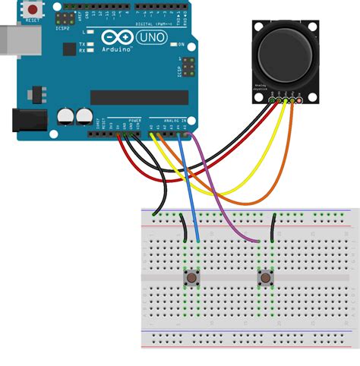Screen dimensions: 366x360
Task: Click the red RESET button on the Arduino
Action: (x=33, y=9)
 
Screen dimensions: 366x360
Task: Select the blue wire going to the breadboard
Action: (x=192, y=197)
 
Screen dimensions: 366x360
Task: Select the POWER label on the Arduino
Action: (x=134, y=121)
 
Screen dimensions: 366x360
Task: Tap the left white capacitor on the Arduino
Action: (x=65, y=116)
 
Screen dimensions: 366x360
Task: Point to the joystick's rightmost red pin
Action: (x=299, y=100)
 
